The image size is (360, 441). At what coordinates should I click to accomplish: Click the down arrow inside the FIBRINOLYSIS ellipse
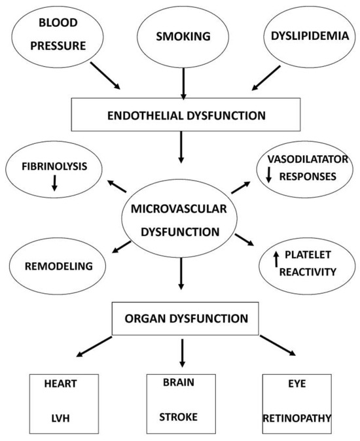[x=54, y=185]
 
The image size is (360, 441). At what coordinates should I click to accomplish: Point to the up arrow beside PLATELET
[x=276, y=259]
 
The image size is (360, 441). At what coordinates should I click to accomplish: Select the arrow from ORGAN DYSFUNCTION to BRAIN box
[x=183, y=354]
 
